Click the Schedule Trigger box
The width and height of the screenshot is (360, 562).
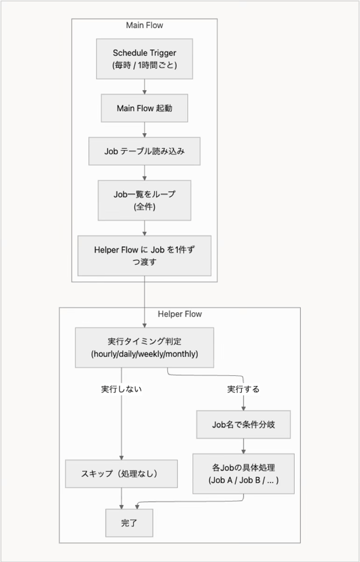point(144,58)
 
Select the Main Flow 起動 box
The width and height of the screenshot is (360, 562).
point(144,109)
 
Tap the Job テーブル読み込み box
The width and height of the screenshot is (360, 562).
point(144,151)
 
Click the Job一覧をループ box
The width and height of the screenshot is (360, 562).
point(144,201)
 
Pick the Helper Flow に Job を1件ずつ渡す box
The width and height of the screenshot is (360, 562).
point(144,255)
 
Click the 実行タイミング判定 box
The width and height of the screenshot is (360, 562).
point(144,347)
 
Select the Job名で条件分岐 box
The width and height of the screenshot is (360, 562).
point(243,425)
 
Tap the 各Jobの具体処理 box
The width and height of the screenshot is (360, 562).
point(243,473)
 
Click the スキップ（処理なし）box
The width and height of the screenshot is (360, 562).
point(122,474)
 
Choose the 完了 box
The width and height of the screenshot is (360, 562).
point(130,523)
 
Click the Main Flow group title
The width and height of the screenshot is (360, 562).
point(144,25)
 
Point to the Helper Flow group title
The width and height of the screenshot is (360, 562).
point(179,314)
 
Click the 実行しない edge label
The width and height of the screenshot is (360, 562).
point(122,389)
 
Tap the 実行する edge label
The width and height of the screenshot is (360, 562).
point(243,389)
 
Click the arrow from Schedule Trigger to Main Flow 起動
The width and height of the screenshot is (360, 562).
point(145,86)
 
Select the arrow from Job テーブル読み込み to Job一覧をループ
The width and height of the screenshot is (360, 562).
point(145,173)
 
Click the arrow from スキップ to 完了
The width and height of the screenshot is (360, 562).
point(122,498)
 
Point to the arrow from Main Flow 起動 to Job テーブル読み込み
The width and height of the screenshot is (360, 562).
point(145,130)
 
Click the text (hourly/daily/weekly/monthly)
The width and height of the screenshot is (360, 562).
point(144,354)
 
